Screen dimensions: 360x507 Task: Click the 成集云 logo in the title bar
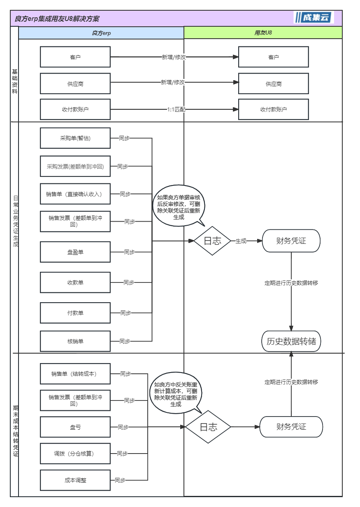click(x=314, y=17)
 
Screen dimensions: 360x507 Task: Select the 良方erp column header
click(x=101, y=33)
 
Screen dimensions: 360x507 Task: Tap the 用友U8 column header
click(x=263, y=32)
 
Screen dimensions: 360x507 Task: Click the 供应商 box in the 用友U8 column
click(x=274, y=83)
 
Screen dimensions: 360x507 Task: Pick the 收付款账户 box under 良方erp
click(x=75, y=109)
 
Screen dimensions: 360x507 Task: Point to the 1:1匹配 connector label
click(x=176, y=109)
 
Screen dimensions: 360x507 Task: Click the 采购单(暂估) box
click(x=75, y=138)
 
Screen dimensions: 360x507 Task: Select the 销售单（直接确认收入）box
click(x=75, y=194)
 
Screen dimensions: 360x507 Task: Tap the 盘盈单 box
click(x=75, y=252)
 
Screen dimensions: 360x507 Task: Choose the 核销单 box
click(x=75, y=341)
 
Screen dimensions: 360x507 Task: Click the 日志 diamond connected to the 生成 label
click(x=212, y=241)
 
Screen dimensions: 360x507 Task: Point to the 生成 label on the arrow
click(x=241, y=241)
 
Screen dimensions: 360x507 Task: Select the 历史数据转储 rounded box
click(x=291, y=341)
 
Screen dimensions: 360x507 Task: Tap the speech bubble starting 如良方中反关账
click(x=176, y=393)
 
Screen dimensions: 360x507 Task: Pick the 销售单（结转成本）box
click(x=75, y=374)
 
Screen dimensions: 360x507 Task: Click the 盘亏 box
click(x=75, y=427)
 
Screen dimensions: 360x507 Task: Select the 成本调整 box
click(x=75, y=480)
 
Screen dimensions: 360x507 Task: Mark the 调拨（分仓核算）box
click(x=75, y=454)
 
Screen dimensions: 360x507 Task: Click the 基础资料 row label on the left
click(x=15, y=81)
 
